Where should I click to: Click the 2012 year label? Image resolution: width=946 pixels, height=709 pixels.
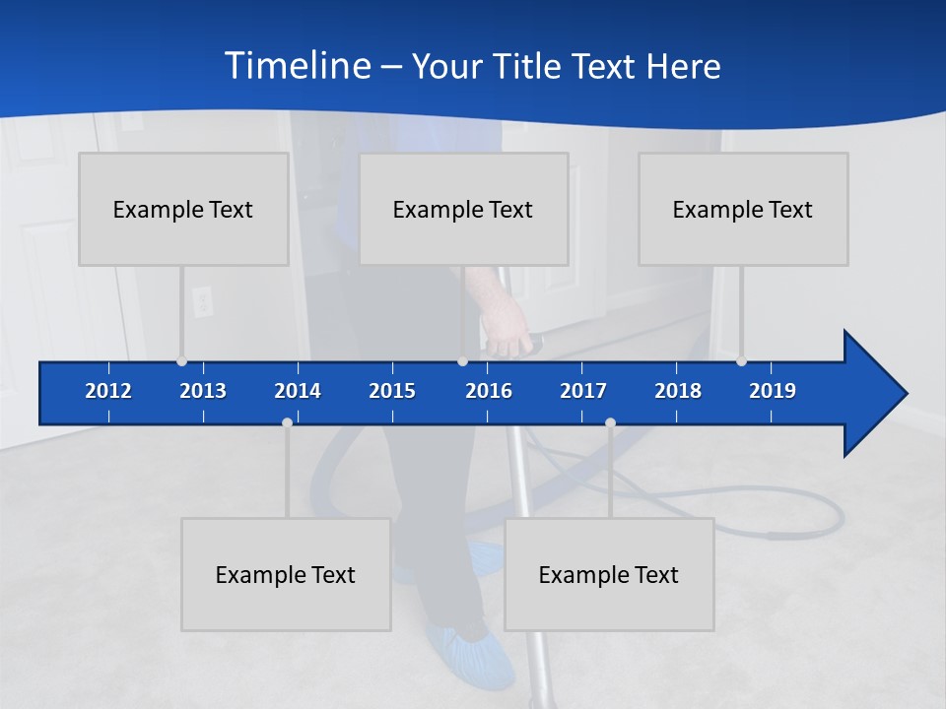click(108, 391)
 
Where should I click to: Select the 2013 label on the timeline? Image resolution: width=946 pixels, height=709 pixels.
click(203, 391)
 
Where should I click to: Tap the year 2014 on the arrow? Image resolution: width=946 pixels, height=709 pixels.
click(298, 391)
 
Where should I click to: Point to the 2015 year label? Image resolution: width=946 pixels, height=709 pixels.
click(392, 391)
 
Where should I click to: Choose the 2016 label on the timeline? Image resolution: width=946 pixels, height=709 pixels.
click(489, 391)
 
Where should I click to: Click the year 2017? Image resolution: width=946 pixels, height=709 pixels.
click(583, 391)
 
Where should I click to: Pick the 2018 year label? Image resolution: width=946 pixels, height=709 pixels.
click(678, 391)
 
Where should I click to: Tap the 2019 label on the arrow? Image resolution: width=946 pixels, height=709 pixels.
click(773, 391)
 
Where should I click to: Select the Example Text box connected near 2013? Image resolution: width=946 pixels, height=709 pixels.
click(183, 209)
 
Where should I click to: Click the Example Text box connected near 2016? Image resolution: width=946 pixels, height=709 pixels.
click(463, 209)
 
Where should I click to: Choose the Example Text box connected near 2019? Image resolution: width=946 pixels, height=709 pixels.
click(743, 209)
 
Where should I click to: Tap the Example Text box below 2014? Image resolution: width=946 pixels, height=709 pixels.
click(286, 574)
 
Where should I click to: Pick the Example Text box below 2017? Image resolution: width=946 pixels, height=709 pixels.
click(609, 574)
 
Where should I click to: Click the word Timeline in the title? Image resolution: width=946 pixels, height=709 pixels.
click(296, 66)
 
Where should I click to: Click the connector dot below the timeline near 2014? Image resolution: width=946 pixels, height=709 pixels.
click(287, 422)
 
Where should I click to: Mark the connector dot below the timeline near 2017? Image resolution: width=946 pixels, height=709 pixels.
click(610, 422)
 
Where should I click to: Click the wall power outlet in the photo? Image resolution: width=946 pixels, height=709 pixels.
click(202, 300)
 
